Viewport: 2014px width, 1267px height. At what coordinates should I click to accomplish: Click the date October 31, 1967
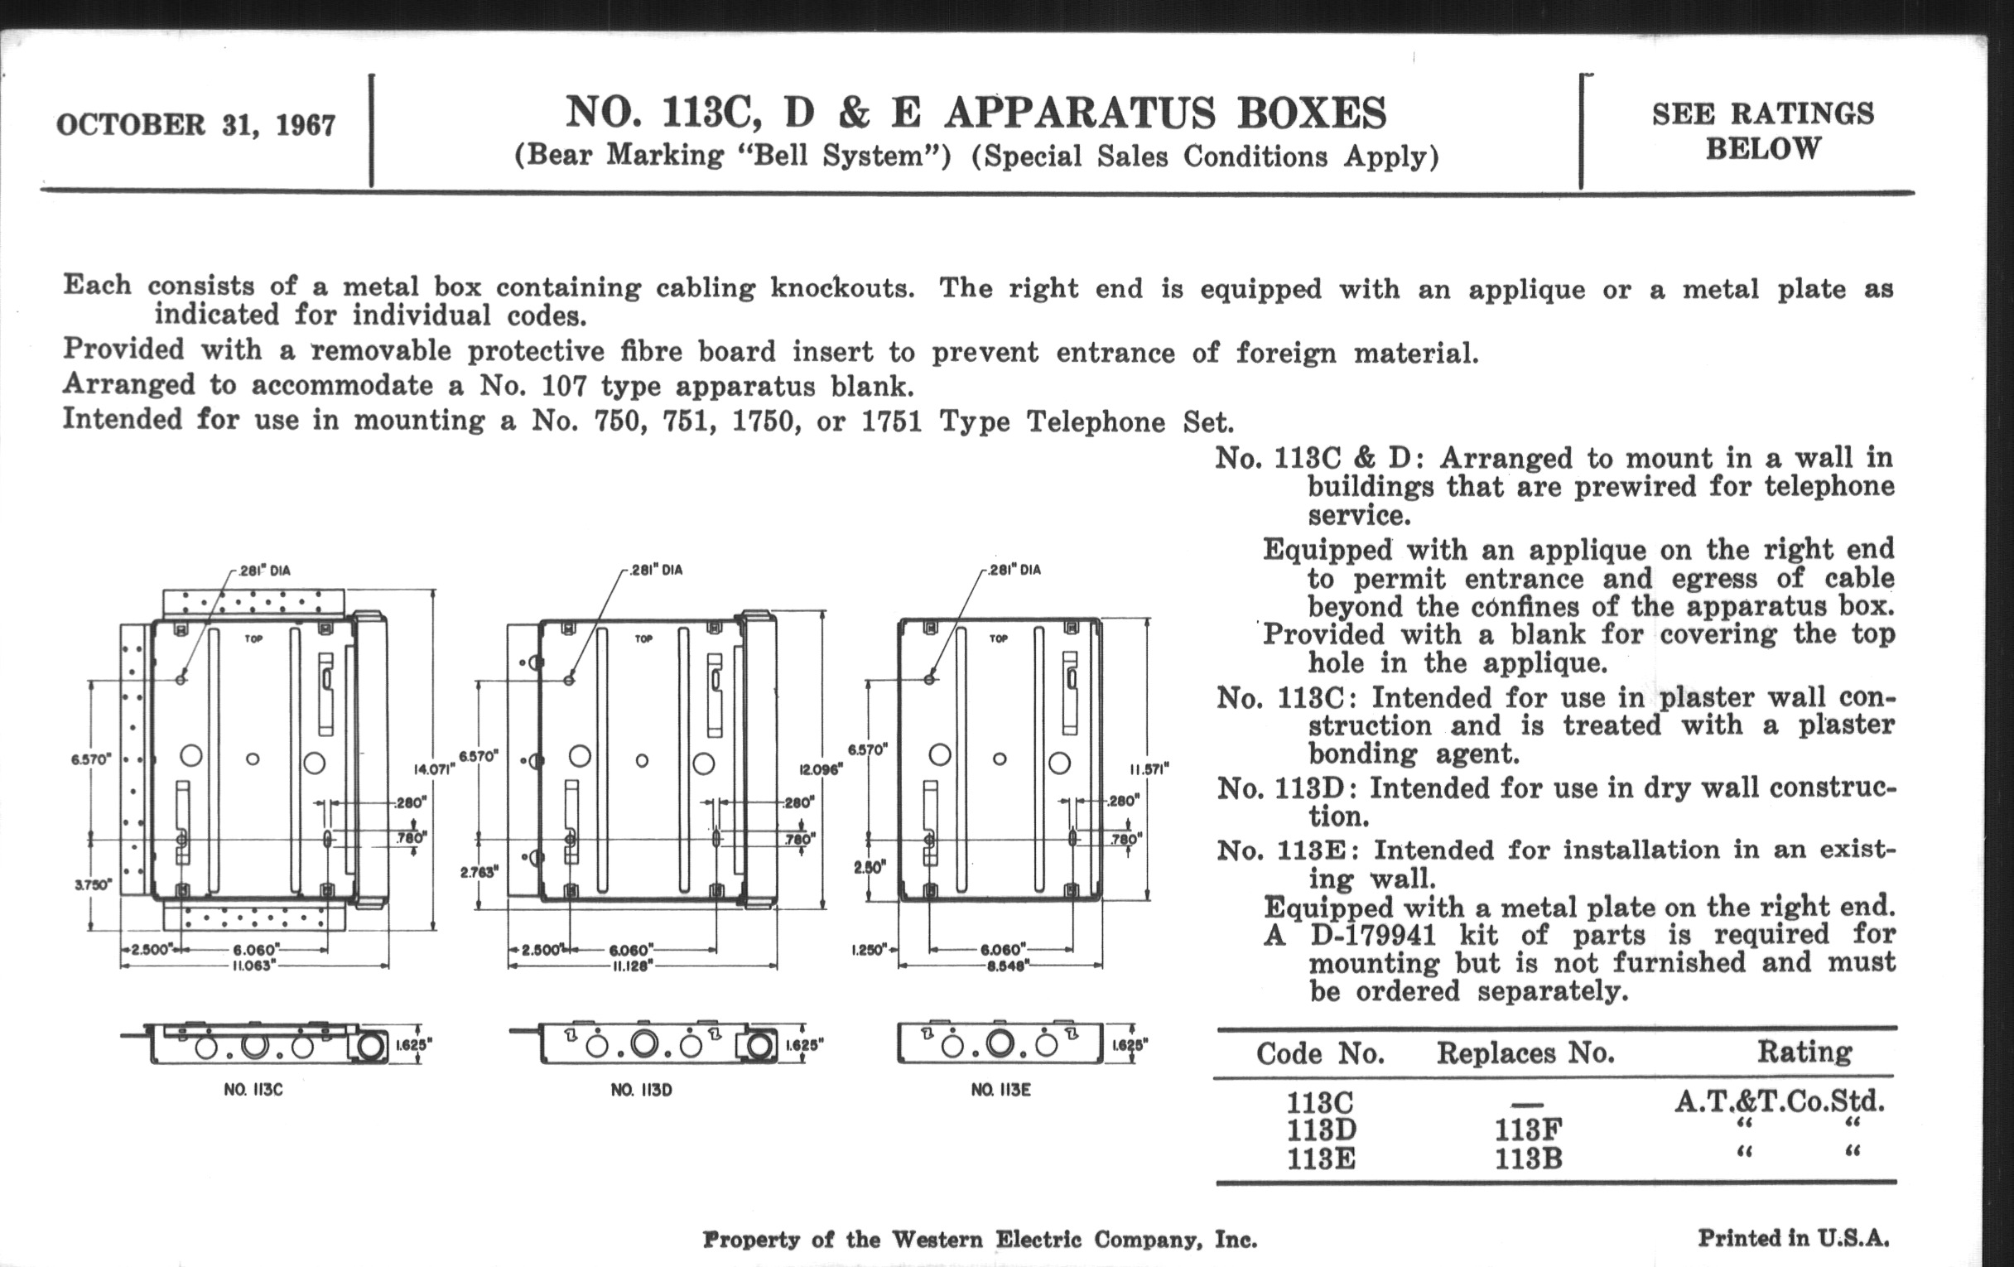pyautogui.click(x=195, y=125)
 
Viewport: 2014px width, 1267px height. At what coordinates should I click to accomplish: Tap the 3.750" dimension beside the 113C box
pyautogui.click(x=91, y=884)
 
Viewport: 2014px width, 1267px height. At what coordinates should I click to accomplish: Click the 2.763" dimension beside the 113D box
pyautogui.click(x=479, y=872)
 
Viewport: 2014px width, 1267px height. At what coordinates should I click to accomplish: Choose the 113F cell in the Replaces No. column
pyautogui.click(x=1528, y=1130)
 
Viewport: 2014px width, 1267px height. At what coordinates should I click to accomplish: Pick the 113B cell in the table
pyautogui.click(x=1528, y=1159)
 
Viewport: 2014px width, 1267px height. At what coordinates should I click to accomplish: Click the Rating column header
pyautogui.click(x=1804, y=1051)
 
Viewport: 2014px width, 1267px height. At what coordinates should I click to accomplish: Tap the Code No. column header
pyautogui.click(x=1320, y=1053)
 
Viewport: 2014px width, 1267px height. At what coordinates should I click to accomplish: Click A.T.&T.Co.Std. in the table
pyautogui.click(x=1779, y=1101)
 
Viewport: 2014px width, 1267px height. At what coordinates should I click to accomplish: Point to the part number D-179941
pyautogui.click(x=1371, y=934)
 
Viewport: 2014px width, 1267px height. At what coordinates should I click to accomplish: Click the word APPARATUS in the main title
pyautogui.click(x=1080, y=113)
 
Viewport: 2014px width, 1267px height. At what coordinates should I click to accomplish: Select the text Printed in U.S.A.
pyautogui.click(x=1793, y=1237)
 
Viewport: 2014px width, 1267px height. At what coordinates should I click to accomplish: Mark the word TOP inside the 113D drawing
pyautogui.click(x=643, y=639)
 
